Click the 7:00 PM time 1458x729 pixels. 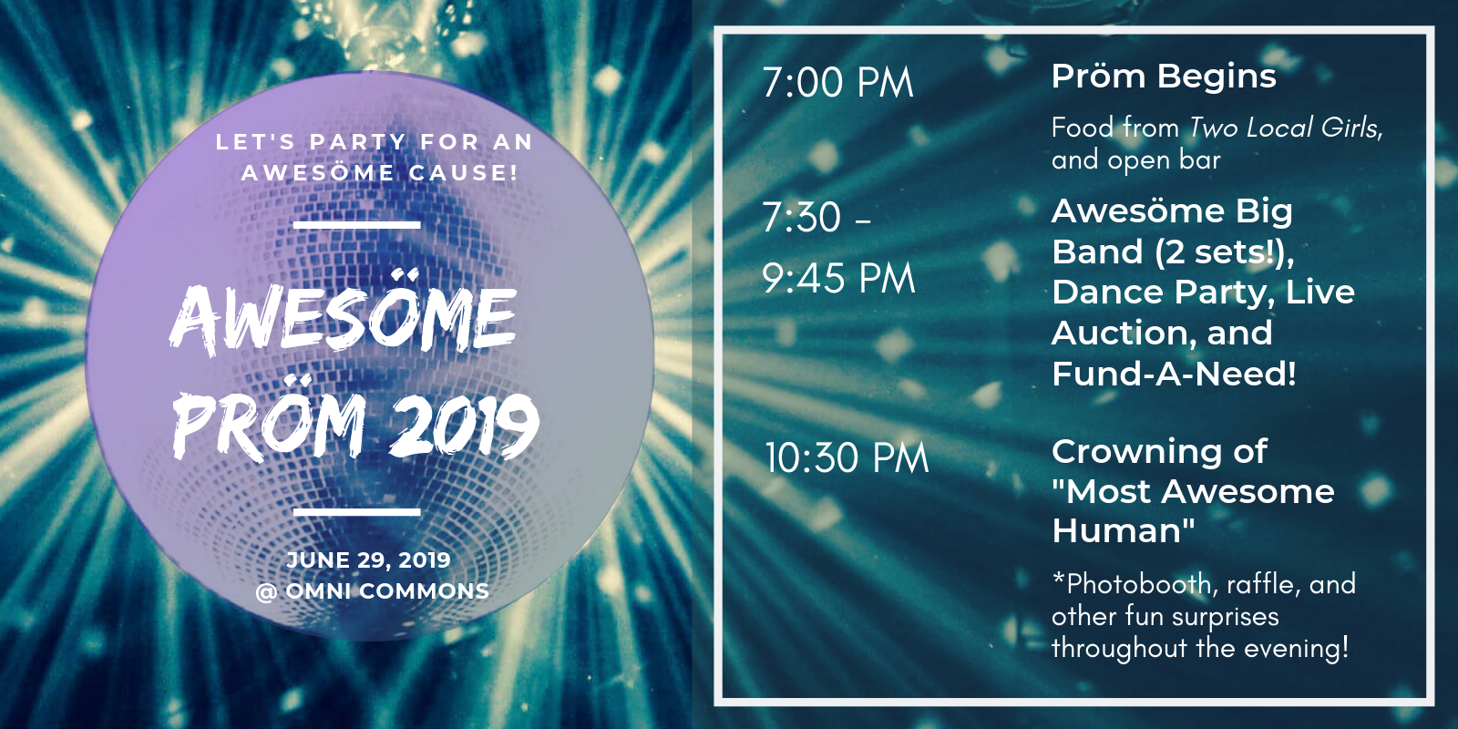point(838,83)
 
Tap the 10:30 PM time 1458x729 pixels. point(847,457)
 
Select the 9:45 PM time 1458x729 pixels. point(839,278)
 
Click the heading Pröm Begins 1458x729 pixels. point(1164,77)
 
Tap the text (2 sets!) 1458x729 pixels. point(1225,252)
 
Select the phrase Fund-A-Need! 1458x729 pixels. point(1175,374)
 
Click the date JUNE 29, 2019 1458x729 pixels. point(368,560)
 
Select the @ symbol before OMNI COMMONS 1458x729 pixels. point(266,591)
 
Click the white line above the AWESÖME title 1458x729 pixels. point(356,225)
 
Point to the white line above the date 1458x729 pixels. point(356,512)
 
